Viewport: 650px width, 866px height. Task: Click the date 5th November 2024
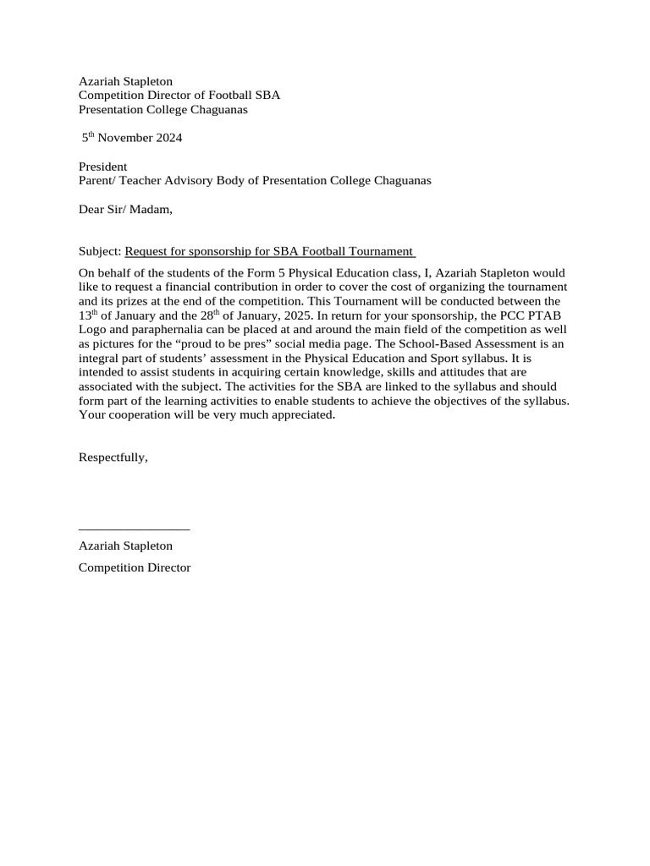[x=131, y=138]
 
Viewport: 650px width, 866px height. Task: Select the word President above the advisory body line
[x=102, y=167]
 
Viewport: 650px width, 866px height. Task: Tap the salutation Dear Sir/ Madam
[x=125, y=210]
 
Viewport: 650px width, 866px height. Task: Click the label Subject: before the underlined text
[x=100, y=251]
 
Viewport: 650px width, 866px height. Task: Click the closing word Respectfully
[x=113, y=457]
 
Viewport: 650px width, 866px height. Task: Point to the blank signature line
[x=134, y=529]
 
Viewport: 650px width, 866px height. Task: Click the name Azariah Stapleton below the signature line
[x=125, y=546]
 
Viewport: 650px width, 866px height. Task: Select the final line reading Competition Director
[x=135, y=567]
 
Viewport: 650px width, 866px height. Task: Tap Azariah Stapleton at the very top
[x=125, y=81]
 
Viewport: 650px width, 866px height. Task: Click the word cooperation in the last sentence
[x=134, y=415]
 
